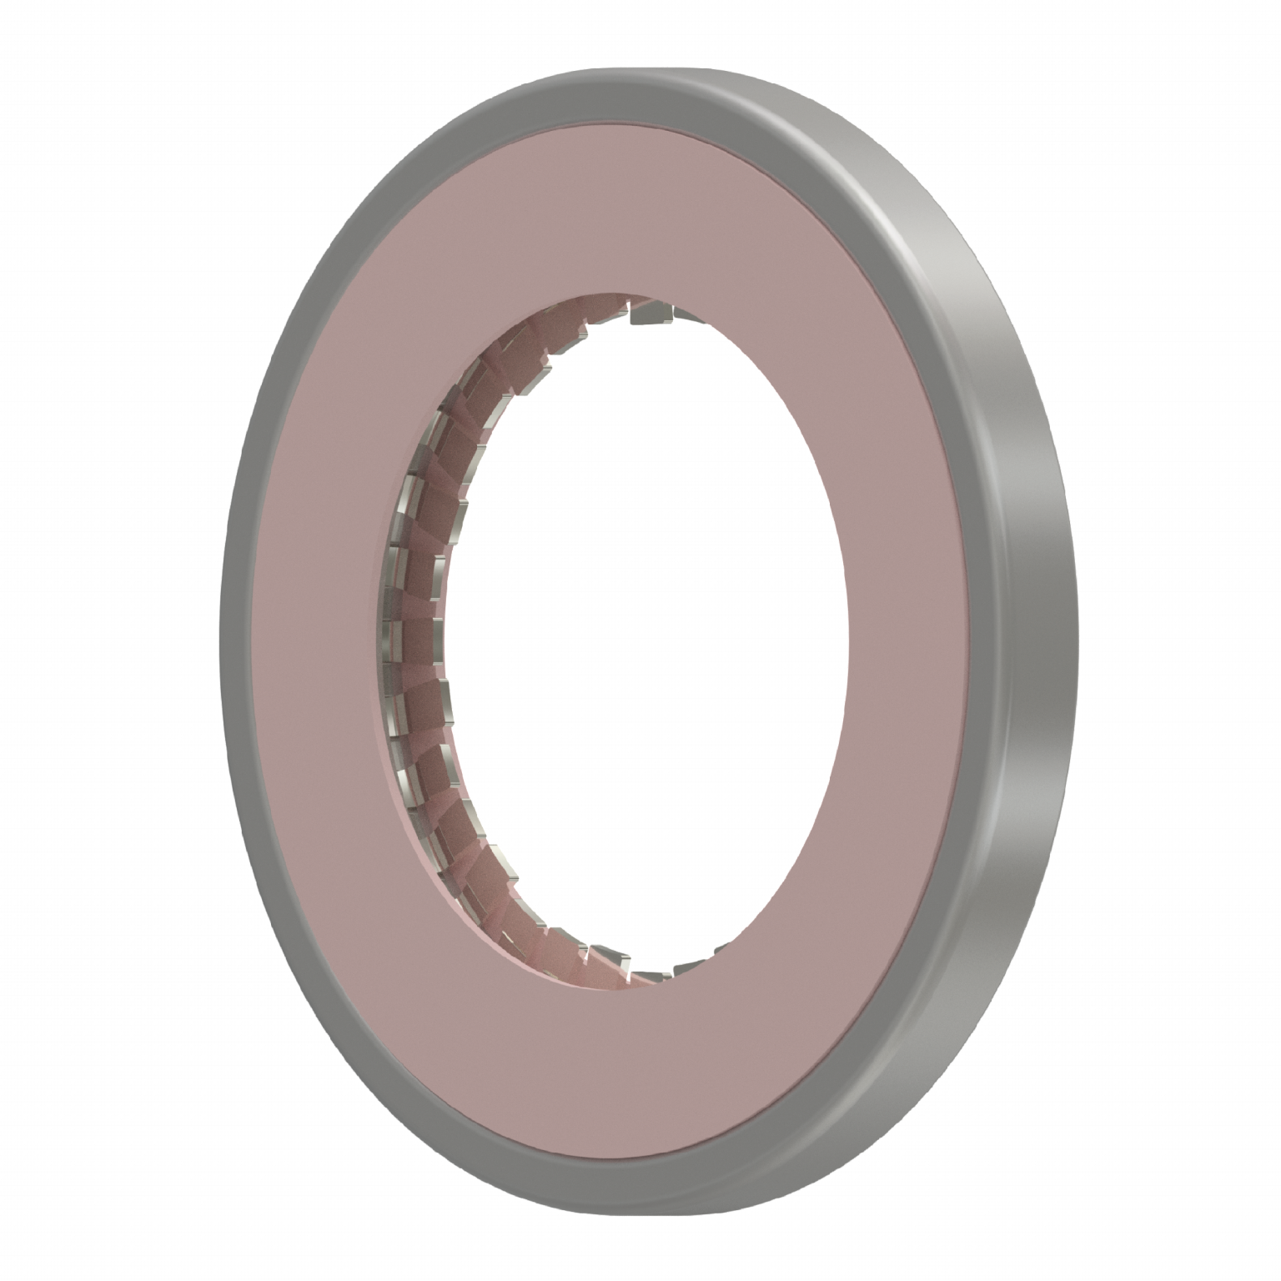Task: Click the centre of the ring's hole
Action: tap(642, 634)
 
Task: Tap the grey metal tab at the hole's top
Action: tap(651, 315)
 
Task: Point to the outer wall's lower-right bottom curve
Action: tap(959, 1042)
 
